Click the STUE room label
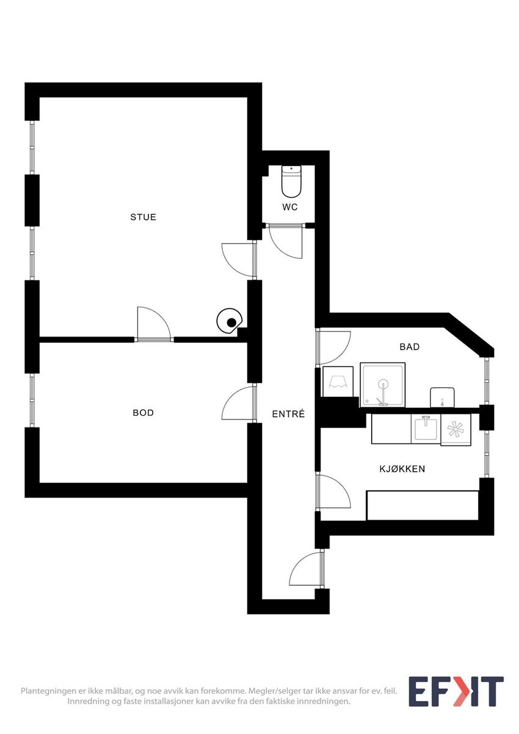click(x=143, y=217)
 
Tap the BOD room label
click(x=143, y=413)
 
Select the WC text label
click(x=290, y=207)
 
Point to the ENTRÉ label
click(x=288, y=414)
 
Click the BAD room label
click(x=409, y=347)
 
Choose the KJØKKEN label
click(x=402, y=469)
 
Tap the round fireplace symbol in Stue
click(x=231, y=322)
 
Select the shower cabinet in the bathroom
click(x=383, y=384)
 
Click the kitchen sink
click(x=426, y=429)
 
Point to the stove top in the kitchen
click(x=455, y=429)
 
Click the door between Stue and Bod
click(x=153, y=324)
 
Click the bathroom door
click(x=333, y=347)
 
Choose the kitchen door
click(x=333, y=492)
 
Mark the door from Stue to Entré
click(x=238, y=260)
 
